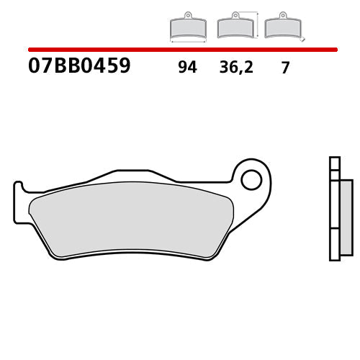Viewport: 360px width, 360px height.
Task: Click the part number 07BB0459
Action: pyautogui.click(x=79, y=67)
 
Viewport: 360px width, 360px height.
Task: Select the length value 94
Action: pyautogui.click(x=187, y=68)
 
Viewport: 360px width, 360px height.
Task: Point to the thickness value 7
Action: pyautogui.click(x=285, y=68)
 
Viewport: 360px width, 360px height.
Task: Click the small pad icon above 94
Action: pyautogui.click(x=186, y=28)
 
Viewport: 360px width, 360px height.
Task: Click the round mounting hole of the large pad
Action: pyautogui.click(x=251, y=179)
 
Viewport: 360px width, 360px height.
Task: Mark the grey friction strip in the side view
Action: pyautogui.click(x=346, y=216)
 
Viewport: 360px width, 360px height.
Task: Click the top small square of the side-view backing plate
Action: pyautogui.click(x=333, y=162)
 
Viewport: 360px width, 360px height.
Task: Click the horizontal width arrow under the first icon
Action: pyautogui.click(x=186, y=42)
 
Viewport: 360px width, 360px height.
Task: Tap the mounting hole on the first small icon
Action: pyautogui.click(x=187, y=14)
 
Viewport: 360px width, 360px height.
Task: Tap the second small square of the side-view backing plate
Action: pyautogui.click(x=333, y=174)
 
